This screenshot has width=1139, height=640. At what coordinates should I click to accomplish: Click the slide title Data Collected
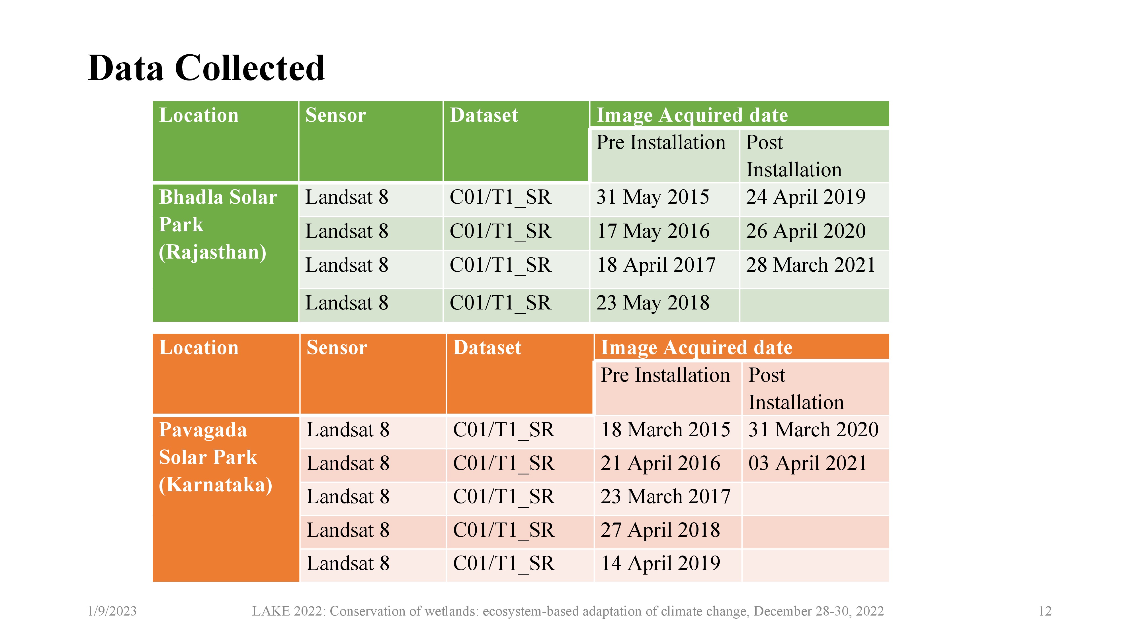[206, 68]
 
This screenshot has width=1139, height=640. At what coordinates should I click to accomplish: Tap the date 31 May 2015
[653, 197]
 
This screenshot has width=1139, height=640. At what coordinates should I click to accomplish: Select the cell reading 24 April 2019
[806, 197]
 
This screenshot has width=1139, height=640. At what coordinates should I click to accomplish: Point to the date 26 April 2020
[806, 231]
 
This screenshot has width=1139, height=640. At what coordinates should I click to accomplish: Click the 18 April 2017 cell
[656, 265]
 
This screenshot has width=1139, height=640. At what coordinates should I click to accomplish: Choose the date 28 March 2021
[810, 265]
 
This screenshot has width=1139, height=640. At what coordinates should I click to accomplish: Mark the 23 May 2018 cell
[653, 303]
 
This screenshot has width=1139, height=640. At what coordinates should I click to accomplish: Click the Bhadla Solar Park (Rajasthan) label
[218, 225]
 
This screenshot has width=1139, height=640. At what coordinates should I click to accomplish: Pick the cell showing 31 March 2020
[813, 430]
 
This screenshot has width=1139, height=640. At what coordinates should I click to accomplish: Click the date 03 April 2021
[807, 463]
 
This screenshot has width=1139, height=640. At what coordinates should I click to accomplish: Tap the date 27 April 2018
[660, 530]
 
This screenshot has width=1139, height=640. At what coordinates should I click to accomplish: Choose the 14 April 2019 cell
[660, 563]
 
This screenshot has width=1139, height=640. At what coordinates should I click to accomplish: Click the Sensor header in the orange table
[337, 348]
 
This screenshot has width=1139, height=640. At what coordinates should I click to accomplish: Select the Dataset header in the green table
[484, 115]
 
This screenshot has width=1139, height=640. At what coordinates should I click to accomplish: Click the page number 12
[1045, 611]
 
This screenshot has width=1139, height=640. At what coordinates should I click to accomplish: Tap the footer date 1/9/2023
[112, 611]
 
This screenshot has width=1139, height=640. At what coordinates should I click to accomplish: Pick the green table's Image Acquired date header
[692, 115]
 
